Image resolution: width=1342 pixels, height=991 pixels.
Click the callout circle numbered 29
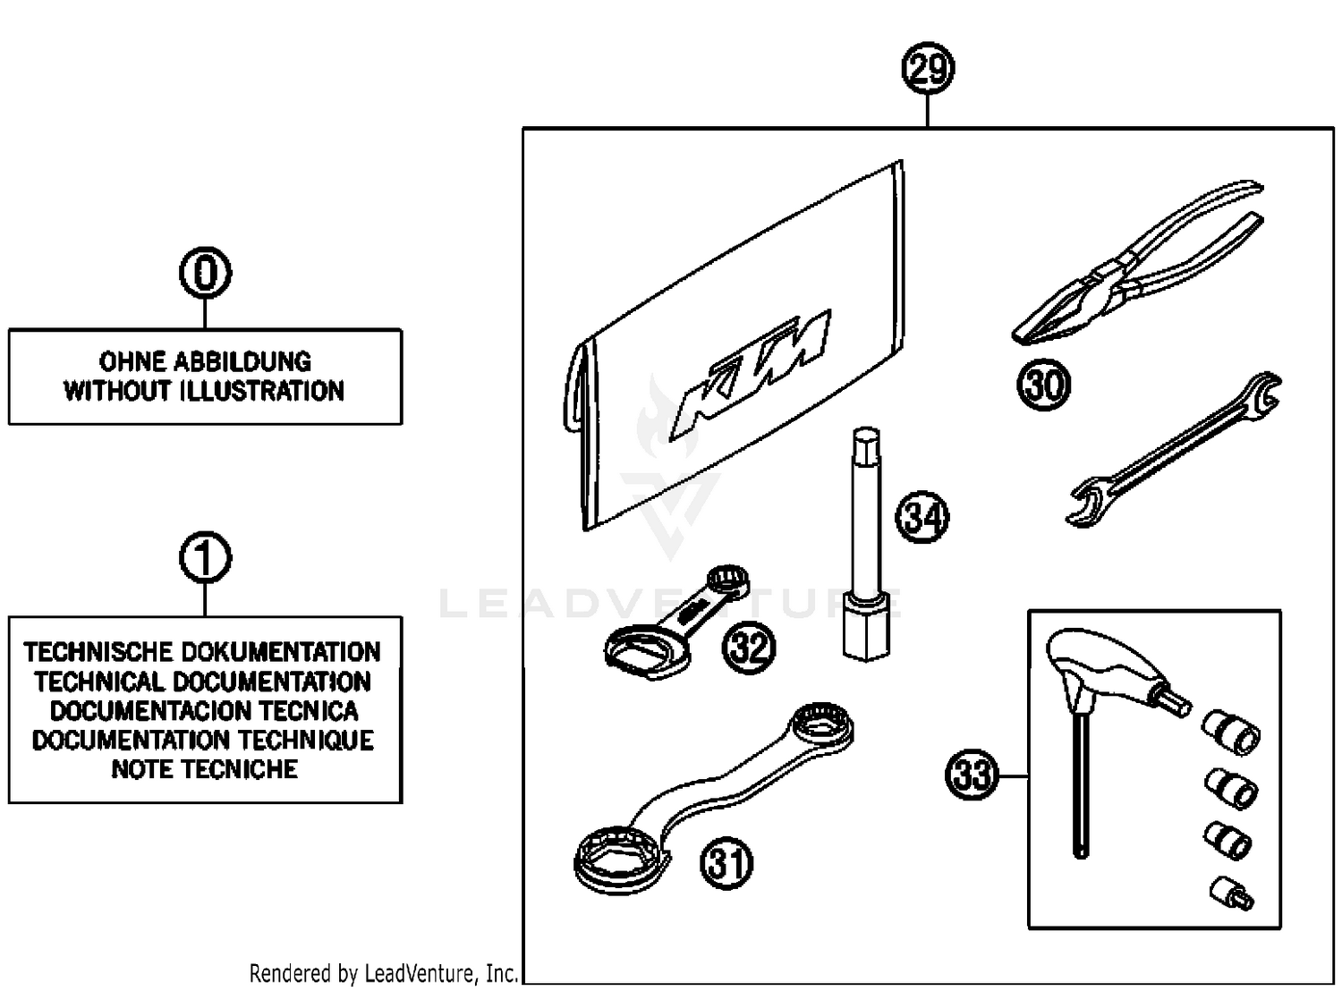(x=928, y=69)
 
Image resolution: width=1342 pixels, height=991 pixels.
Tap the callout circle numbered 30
(x=1043, y=385)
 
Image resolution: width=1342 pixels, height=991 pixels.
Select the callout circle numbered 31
(x=726, y=863)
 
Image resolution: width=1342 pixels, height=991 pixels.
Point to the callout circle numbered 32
(x=749, y=645)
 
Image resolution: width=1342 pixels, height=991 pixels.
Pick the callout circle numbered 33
(x=972, y=774)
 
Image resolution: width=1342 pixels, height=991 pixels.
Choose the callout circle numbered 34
(x=922, y=517)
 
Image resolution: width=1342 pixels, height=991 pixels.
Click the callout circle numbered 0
(x=205, y=273)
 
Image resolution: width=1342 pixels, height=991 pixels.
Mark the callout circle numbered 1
(x=205, y=558)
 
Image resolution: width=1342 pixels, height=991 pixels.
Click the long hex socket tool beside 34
(x=865, y=546)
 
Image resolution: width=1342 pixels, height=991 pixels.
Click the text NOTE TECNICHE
(x=205, y=769)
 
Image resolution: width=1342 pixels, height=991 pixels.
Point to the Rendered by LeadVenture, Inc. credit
(x=383, y=972)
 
